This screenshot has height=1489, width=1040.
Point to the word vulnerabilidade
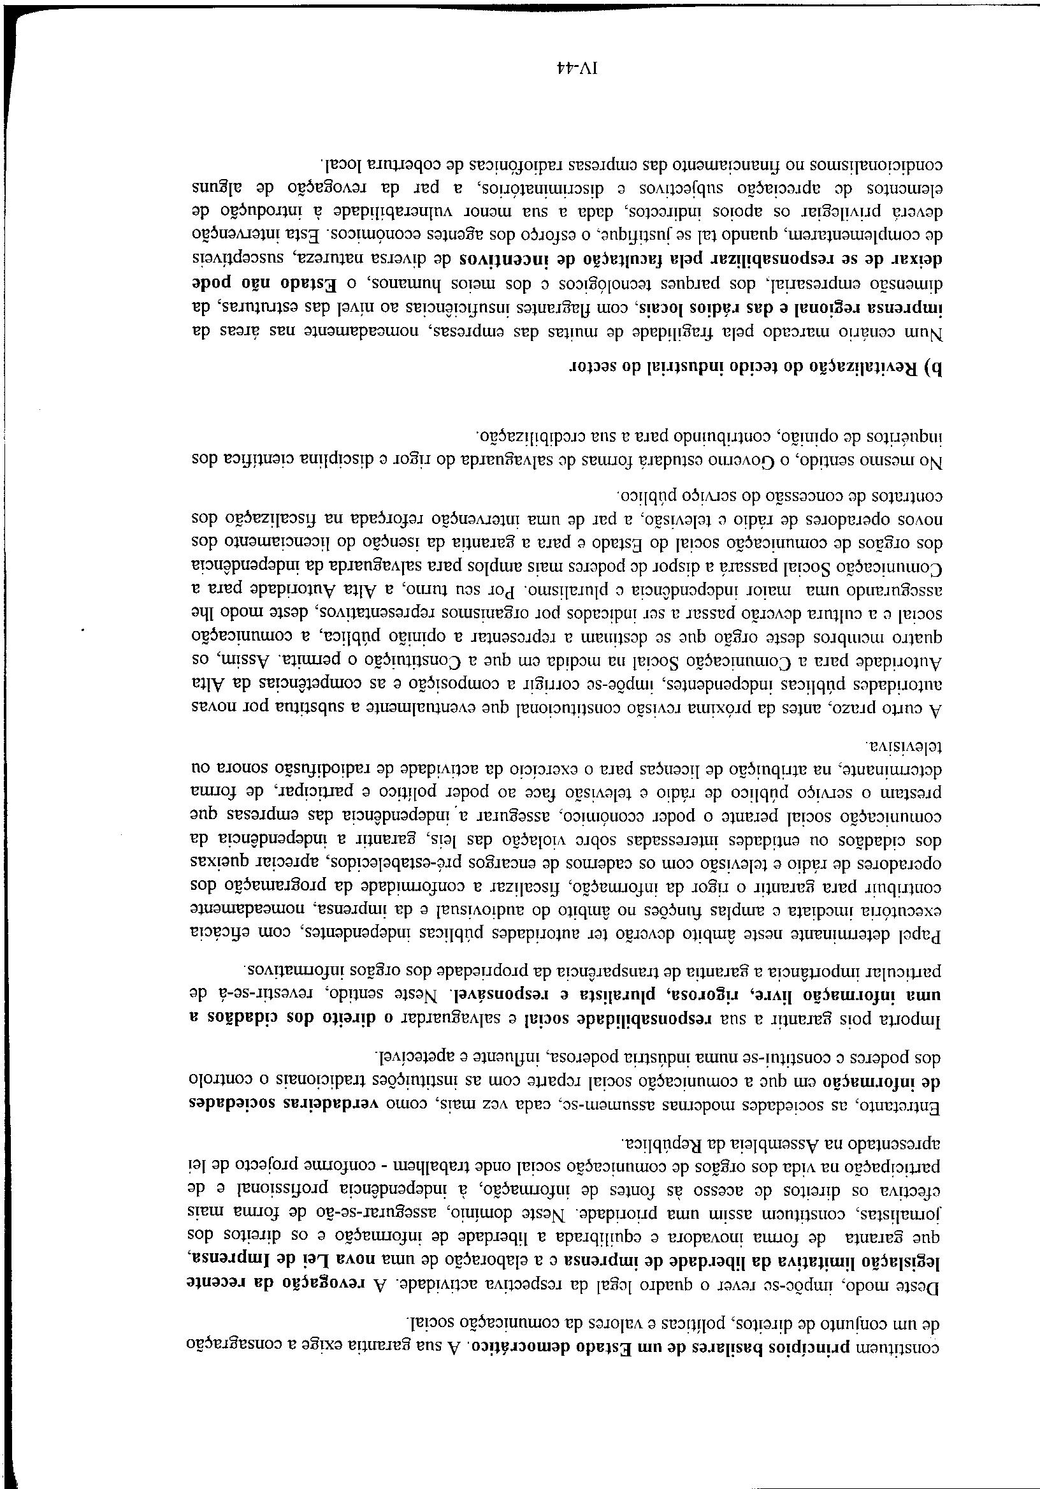tap(389, 212)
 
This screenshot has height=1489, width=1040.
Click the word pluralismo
tap(552, 593)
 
